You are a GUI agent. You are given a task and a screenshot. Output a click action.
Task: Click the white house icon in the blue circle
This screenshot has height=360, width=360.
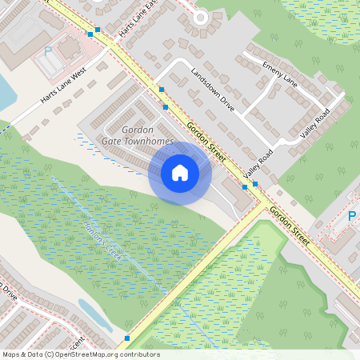point(180,173)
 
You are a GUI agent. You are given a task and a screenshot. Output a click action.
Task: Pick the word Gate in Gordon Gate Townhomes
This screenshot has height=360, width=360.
point(111,140)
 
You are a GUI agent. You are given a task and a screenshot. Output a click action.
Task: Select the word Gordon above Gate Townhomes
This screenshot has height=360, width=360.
point(137,130)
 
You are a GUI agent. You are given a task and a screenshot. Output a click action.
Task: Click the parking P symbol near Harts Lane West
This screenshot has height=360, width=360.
point(47,51)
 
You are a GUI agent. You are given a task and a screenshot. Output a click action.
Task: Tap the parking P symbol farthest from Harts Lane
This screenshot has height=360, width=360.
point(352,216)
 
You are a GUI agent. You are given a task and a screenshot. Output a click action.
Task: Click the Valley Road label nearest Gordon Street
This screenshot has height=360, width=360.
point(259,163)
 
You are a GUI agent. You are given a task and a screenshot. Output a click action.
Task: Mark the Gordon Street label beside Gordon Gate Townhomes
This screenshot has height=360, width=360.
point(206,137)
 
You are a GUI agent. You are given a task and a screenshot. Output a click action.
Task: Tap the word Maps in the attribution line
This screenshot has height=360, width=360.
point(11,354)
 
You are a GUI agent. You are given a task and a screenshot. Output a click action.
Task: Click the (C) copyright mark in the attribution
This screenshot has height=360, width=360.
point(50,354)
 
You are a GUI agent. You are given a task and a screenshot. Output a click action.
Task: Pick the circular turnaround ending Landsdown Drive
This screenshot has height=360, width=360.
point(201,17)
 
